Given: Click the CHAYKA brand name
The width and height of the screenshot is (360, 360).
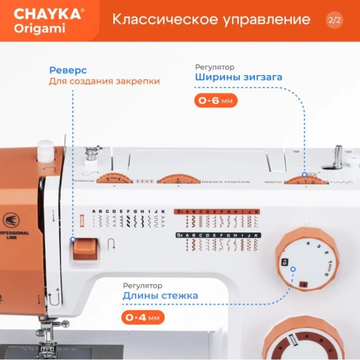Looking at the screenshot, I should coord(47,13).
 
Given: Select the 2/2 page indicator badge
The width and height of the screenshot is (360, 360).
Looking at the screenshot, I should coord(334,21).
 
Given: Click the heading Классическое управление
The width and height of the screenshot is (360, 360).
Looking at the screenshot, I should coord(211,20).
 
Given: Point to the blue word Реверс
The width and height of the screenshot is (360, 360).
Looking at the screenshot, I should coord(68,70).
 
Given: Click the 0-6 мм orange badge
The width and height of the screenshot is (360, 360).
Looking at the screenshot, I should coord(216,101).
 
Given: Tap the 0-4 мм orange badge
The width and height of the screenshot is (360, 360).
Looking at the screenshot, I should coord(143,317).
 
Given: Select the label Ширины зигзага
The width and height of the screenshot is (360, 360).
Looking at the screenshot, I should coord(239,78).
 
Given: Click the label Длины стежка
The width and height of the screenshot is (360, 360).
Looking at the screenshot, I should coord(160,296).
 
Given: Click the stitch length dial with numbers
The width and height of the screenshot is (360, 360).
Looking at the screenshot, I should coord(308,259).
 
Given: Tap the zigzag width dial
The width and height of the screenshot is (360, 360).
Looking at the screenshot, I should coord(306,180).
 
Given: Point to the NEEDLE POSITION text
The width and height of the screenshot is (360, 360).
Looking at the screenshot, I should coord(226,182).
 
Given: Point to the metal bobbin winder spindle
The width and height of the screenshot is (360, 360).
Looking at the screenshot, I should coord(337,156).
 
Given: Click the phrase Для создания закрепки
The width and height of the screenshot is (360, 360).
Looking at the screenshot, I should coord(104,81).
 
